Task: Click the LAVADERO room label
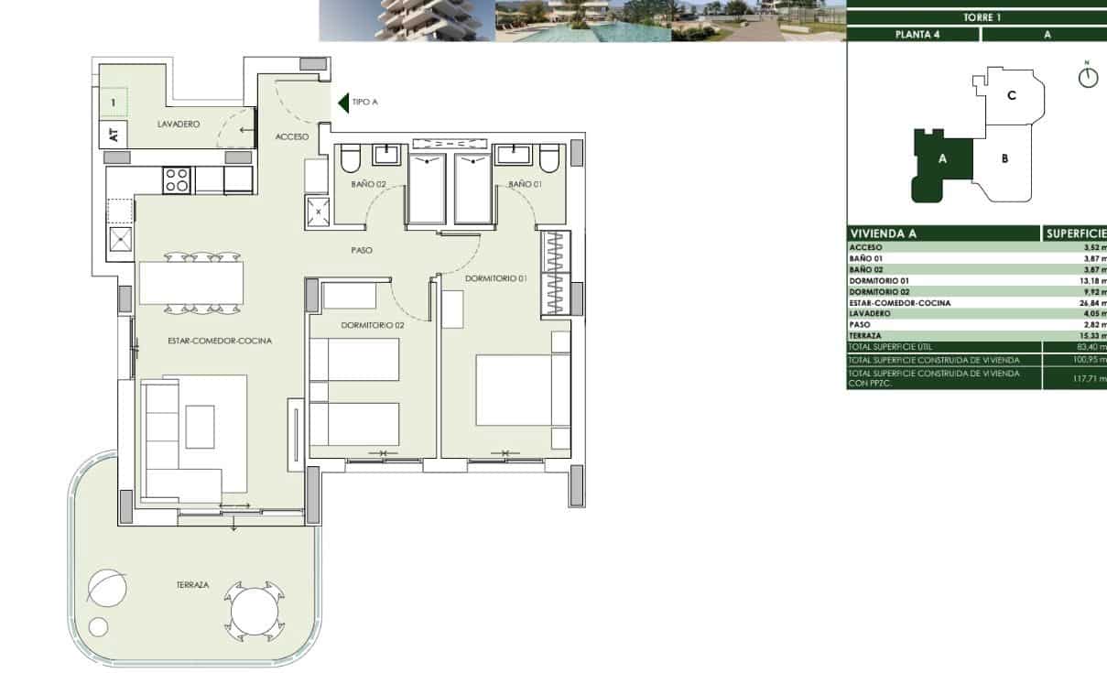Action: (178, 124)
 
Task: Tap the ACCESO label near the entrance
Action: (292, 136)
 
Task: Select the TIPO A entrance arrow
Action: (344, 103)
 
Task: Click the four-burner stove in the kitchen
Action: (176, 179)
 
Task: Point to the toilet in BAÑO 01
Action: (549, 161)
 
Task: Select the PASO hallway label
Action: (361, 250)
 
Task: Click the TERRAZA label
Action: (193, 584)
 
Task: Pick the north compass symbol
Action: (1087, 77)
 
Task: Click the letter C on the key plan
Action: (1011, 95)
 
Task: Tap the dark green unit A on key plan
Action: (942, 161)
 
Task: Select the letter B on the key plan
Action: (1004, 158)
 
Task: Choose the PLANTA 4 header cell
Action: (912, 35)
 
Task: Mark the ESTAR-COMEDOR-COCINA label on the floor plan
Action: (220, 341)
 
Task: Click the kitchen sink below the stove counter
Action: (120, 241)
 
